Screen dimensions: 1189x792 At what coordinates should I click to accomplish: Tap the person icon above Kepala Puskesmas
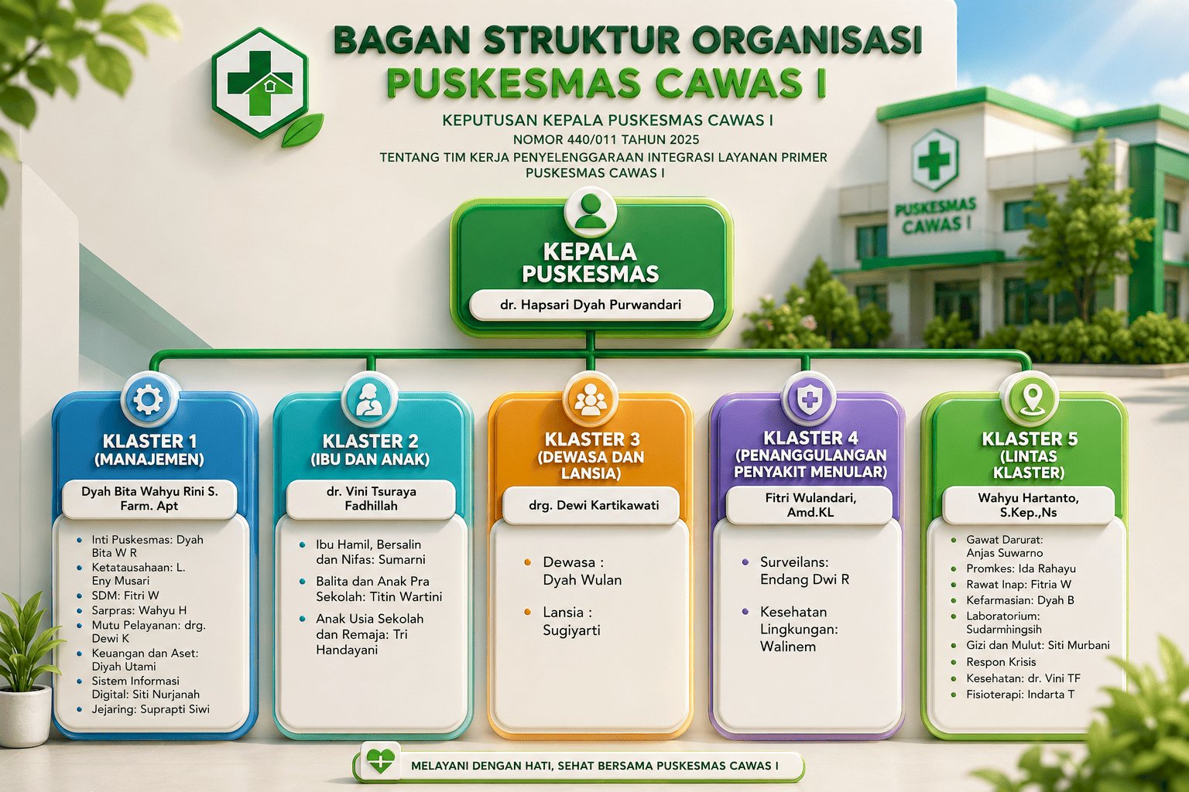click(x=591, y=211)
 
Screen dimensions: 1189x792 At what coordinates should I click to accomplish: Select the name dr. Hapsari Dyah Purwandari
click(x=591, y=305)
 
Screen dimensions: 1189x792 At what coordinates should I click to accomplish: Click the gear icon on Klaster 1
click(x=149, y=399)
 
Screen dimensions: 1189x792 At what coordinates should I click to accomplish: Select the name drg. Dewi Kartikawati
click(x=594, y=505)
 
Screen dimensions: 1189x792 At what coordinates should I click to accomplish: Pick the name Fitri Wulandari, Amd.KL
click(x=810, y=505)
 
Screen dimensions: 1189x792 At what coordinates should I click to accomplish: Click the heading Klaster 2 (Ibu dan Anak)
click(x=370, y=449)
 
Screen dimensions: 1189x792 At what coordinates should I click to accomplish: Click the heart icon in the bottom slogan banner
click(x=380, y=761)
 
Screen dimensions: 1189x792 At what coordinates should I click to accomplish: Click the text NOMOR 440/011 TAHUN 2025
click(x=605, y=139)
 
